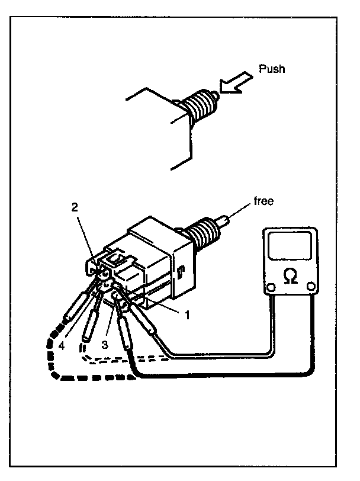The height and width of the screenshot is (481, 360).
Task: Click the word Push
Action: (272, 69)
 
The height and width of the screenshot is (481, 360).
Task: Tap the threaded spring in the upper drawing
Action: (198, 107)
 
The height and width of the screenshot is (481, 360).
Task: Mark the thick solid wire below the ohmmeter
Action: (237, 375)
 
